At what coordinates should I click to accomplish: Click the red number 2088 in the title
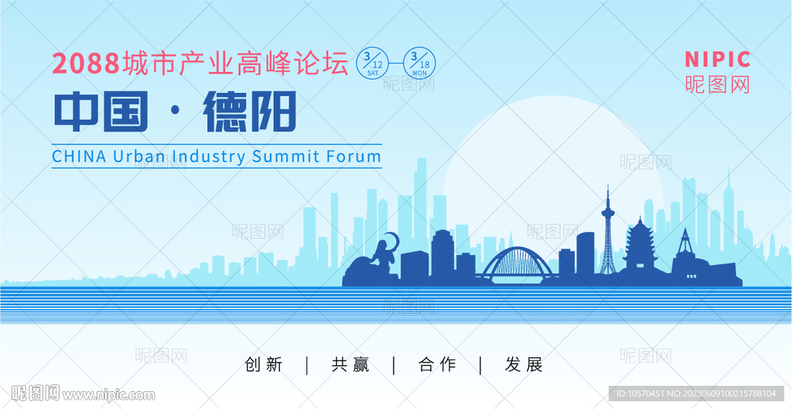(x=86, y=63)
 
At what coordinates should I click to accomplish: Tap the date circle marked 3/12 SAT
(x=373, y=63)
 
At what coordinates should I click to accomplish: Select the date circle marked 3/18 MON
(x=419, y=63)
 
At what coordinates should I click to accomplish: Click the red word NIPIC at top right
(x=718, y=60)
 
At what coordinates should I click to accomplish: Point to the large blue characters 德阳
(x=249, y=112)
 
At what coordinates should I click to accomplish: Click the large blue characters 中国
(x=101, y=112)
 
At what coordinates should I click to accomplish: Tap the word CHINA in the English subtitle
(x=80, y=156)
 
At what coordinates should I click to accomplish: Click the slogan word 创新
(x=264, y=365)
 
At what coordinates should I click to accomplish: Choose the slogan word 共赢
(x=350, y=365)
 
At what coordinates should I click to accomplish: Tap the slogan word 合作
(x=438, y=365)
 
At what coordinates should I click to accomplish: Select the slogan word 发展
(x=524, y=365)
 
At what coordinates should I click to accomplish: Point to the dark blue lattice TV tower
(x=608, y=237)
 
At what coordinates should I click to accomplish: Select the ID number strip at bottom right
(x=696, y=394)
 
